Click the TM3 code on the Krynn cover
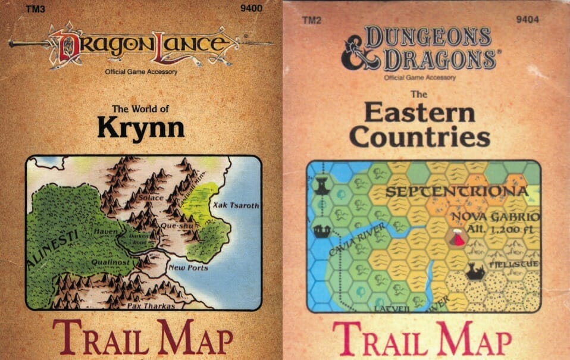click(35, 8)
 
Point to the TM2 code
click(309, 21)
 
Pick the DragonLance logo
click(140, 45)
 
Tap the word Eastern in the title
click(419, 112)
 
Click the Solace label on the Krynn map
click(149, 198)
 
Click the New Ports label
click(188, 268)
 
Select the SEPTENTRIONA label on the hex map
click(456, 192)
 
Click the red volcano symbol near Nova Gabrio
click(458, 239)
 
